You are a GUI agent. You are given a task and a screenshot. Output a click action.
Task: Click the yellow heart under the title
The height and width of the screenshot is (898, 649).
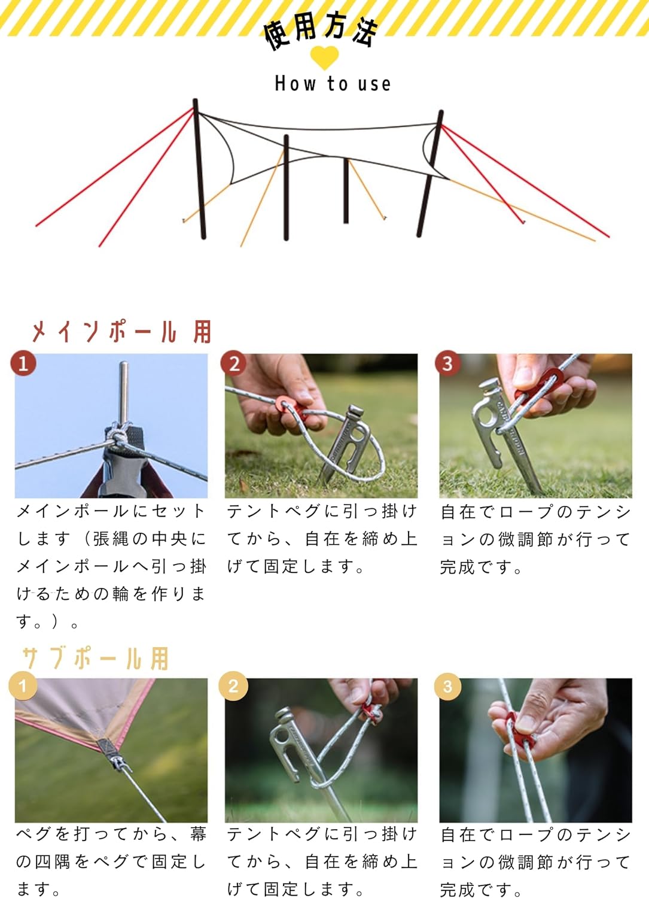324,57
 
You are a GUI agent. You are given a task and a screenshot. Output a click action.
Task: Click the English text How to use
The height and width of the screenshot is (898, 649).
333,84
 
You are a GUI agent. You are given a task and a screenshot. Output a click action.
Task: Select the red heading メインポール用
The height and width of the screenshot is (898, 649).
121,332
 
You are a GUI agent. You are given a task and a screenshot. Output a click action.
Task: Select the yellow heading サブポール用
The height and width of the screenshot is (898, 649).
96,659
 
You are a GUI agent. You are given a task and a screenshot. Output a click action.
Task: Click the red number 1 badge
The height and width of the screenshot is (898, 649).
23,363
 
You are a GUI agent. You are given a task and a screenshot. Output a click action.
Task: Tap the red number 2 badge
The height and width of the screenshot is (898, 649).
233,363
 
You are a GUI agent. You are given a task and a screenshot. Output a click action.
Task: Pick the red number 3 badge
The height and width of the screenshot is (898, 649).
448,363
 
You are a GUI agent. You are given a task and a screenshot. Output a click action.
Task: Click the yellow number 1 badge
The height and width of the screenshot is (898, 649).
23,686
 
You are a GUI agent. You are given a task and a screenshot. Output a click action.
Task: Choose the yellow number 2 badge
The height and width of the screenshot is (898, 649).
233,686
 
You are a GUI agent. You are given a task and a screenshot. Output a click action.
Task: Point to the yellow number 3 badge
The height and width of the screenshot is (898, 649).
448,687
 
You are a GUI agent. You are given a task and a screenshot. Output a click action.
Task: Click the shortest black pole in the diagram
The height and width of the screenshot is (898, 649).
346,191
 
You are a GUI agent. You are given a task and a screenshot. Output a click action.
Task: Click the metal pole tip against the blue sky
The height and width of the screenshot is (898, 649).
124,393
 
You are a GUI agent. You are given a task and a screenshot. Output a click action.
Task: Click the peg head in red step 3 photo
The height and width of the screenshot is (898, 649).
489,384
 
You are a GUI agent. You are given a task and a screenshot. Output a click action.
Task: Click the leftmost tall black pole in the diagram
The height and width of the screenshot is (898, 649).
200,169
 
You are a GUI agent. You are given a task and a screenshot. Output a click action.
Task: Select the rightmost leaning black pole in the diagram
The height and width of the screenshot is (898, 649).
430,173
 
